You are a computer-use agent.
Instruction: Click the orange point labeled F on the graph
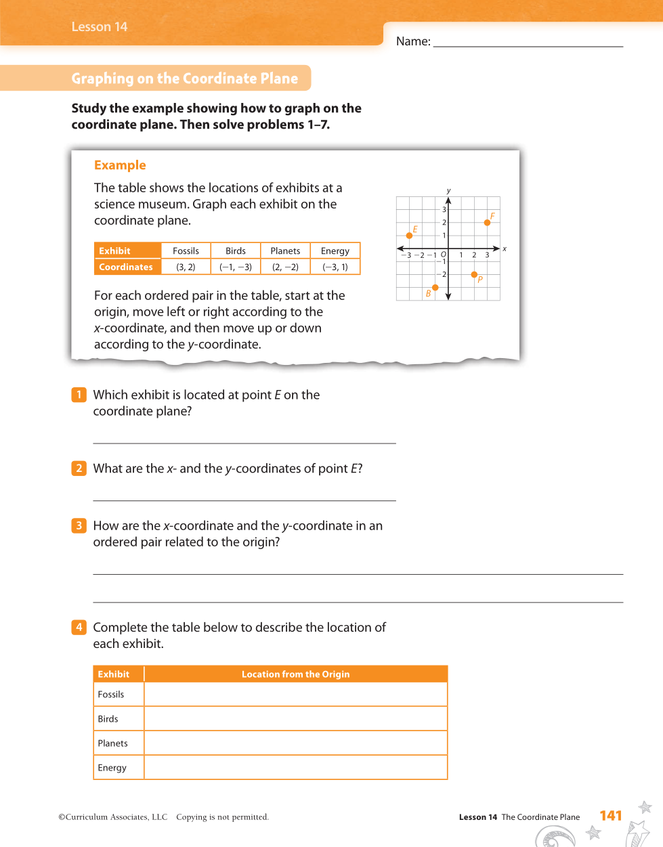(487, 222)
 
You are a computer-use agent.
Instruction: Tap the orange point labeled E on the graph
(409, 236)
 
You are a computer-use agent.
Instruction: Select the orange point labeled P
(474, 274)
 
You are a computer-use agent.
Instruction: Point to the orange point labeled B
(435, 288)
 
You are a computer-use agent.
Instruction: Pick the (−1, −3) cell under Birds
(236, 267)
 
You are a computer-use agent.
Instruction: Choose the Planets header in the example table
(285, 251)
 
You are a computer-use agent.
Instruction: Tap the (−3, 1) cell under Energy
(335, 267)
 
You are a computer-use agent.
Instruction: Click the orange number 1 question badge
(79, 395)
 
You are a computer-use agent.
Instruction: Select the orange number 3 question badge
(79, 525)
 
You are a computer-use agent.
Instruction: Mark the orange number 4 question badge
(79, 627)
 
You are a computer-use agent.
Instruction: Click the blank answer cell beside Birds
(295, 718)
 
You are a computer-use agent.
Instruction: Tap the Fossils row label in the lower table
(111, 694)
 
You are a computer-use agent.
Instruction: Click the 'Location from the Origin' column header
(295, 674)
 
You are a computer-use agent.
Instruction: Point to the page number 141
(611, 816)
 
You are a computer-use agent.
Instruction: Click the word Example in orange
(120, 165)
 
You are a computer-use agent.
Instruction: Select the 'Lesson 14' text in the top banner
(100, 26)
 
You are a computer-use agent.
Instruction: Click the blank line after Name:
(528, 42)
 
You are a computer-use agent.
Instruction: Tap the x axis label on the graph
(505, 249)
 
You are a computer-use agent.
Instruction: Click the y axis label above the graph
(448, 191)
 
